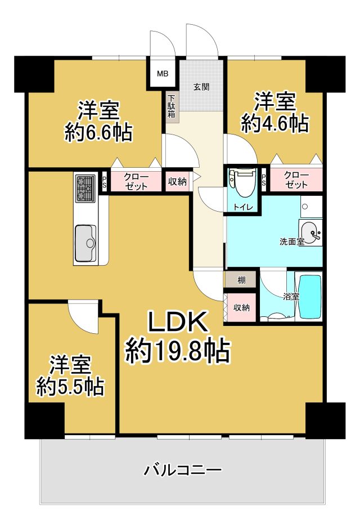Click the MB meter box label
[x=163, y=73]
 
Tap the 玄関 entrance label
[x=201, y=87]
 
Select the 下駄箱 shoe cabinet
[x=172, y=106]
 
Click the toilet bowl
[x=243, y=183]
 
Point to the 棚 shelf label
[x=241, y=280]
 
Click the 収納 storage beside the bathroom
[x=241, y=307]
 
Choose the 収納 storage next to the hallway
[x=177, y=182]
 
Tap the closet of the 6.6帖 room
[x=136, y=182]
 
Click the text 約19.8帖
[x=178, y=351]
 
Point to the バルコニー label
[x=183, y=470]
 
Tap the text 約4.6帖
[x=275, y=123]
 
